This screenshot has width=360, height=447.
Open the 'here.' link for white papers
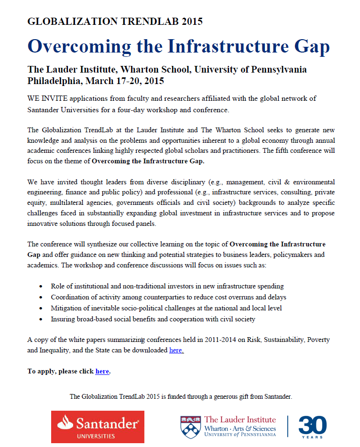click(176, 350)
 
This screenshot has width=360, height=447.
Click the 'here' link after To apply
click(102, 371)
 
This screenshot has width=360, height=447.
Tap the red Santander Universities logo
click(98, 426)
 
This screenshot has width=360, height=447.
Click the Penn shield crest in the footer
click(191, 426)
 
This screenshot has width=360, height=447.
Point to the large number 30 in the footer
click(313, 424)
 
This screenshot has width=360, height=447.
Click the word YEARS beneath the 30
click(313, 436)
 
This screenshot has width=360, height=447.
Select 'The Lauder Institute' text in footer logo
click(240, 420)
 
